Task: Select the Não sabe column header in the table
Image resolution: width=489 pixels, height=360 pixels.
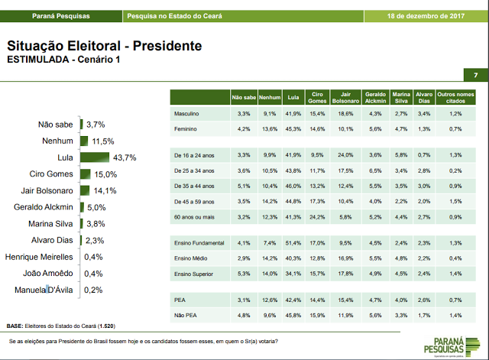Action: (243, 98)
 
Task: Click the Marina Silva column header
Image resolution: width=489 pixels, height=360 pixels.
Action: (400, 98)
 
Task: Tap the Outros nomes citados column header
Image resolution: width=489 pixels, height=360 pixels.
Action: (456, 98)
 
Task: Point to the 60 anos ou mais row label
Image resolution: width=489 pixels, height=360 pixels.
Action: (195, 218)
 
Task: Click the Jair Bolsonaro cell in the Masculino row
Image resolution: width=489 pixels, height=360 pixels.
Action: (345, 113)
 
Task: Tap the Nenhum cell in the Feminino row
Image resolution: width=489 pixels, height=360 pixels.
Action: (268, 130)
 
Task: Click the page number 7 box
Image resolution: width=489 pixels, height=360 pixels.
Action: (474, 75)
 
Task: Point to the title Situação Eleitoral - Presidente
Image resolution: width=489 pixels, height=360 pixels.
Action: (104, 46)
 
